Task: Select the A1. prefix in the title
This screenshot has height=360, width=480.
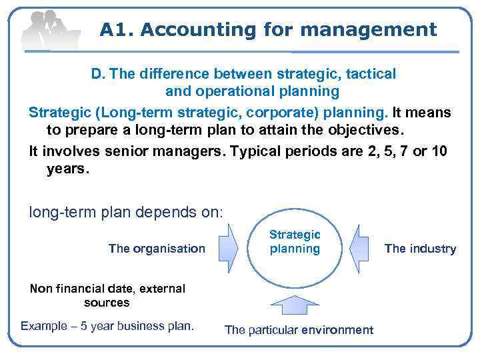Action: pos(117,29)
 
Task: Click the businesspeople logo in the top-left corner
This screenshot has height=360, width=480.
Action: pos(49,29)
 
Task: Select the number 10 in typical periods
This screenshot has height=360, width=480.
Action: pos(439,151)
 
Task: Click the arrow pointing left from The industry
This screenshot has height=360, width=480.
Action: pos(359,248)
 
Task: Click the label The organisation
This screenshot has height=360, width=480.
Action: pos(157,249)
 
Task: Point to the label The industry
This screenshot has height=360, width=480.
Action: pos(420,249)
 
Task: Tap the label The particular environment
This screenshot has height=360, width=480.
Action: pos(299,330)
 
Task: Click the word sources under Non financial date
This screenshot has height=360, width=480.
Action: pos(107,303)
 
